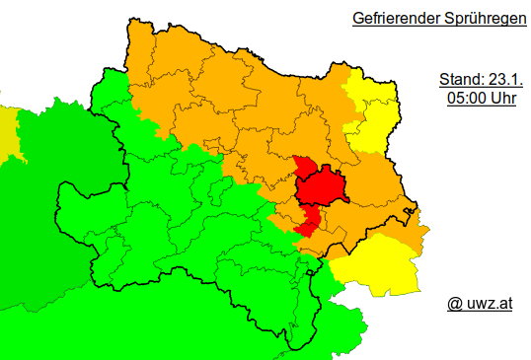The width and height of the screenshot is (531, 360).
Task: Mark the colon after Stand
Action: pos(483,80)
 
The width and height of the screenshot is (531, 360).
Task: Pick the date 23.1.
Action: pos(501,79)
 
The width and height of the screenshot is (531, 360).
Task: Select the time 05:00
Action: pos(467,99)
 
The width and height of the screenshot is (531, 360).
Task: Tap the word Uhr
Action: pos(503,99)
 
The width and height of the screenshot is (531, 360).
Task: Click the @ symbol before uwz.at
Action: pos(455,304)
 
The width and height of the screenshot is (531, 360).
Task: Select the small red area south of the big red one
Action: pos(307,223)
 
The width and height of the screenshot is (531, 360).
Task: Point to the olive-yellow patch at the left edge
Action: pos(7,133)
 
